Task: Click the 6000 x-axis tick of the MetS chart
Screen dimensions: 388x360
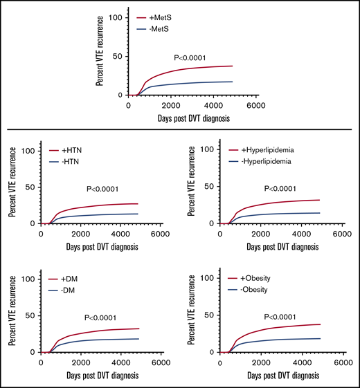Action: tap(255, 105)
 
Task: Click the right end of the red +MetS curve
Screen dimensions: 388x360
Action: tap(232, 66)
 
